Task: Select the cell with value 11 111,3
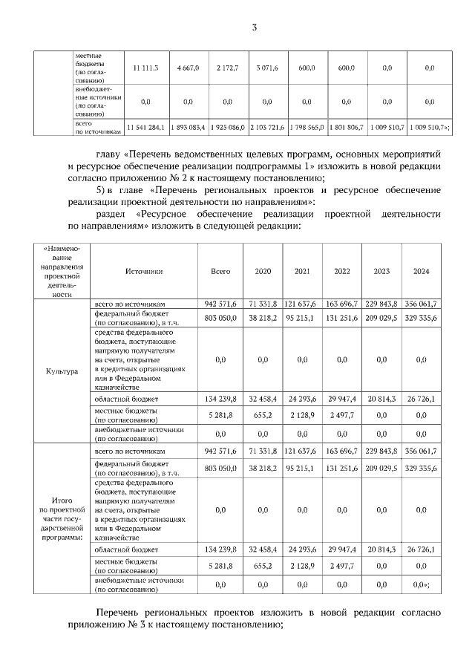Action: point(145,68)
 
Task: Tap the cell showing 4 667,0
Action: point(188,68)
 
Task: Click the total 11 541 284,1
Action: point(145,127)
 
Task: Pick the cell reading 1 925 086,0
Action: point(227,127)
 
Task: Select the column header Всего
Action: point(220,272)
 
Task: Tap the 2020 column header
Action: point(263,272)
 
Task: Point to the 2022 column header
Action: point(342,272)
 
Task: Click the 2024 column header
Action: point(422,272)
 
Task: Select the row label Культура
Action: point(62,371)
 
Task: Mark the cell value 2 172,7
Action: point(227,68)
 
